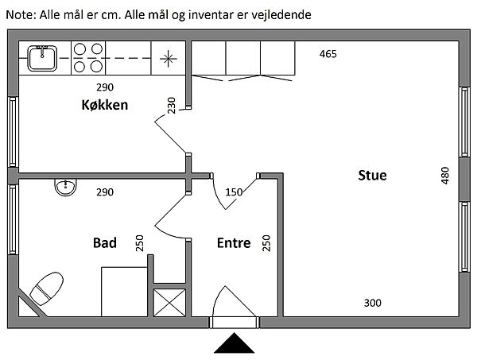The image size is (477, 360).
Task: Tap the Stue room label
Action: click(372, 175)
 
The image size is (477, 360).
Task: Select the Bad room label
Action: click(105, 242)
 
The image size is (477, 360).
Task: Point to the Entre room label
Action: click(234, 243)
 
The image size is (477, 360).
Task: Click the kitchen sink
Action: click(41, 57)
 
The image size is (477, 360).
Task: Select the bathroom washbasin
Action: click(65, 187)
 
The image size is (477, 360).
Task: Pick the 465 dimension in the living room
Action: click(328, 54)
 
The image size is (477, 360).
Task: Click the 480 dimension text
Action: click(445, 175)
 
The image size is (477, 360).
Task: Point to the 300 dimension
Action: click(373, 302)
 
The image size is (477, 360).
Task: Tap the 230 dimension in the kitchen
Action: click(173, 105)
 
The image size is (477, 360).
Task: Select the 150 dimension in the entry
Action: click(235, 192)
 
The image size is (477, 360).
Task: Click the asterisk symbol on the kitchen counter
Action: click(168, 57)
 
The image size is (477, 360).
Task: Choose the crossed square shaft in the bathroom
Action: click(169, 302)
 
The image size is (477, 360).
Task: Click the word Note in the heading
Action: click(20, 14)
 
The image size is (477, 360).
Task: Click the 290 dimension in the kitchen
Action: click(104, 87)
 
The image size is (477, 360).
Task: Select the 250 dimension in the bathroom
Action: click(139, 242)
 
